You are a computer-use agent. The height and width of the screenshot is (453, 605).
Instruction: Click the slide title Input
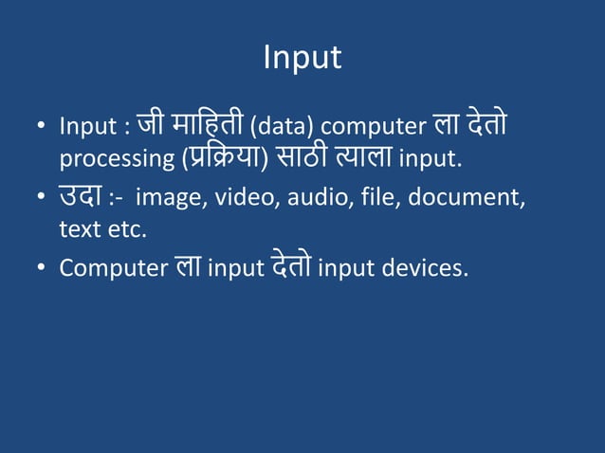(x=302, y=58)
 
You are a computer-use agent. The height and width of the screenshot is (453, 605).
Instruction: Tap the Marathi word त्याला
(x=362, y=156)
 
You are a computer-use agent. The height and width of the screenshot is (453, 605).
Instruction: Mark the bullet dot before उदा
(x=42, y=198)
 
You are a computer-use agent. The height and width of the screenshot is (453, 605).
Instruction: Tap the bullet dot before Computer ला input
(x=42, y=269)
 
